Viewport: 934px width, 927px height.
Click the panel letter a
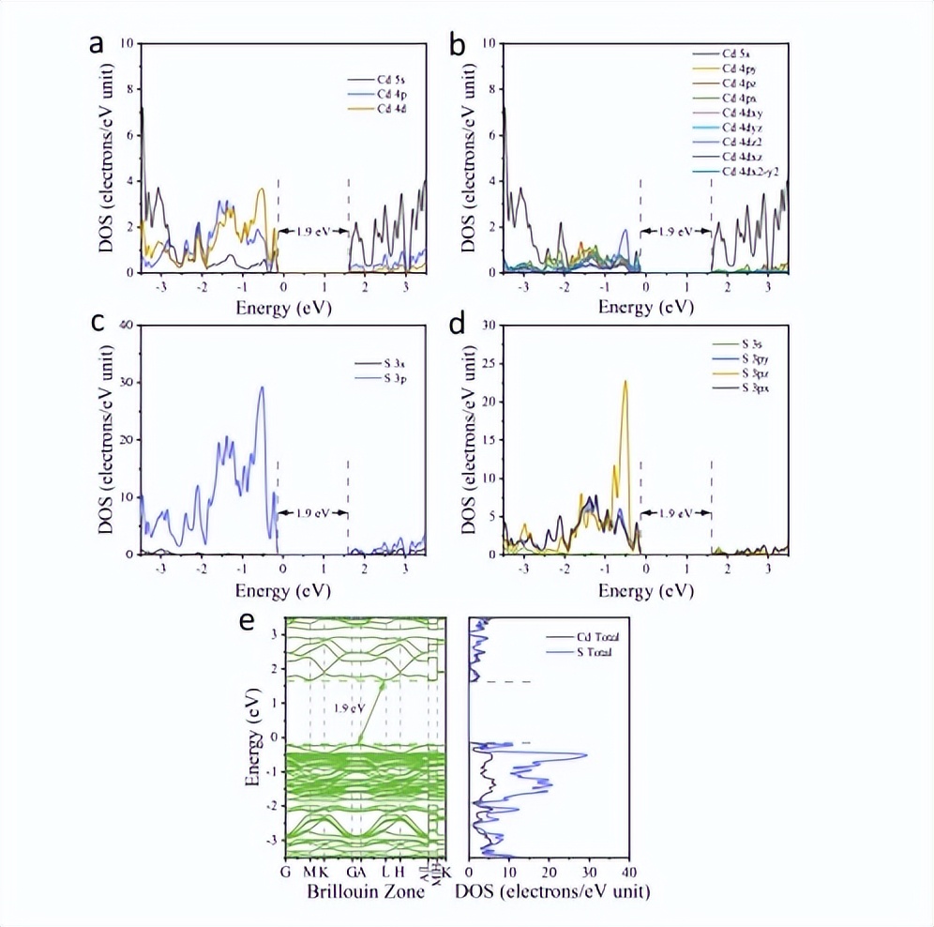coord(96,45)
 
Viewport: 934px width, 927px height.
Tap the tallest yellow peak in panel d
coord(625,382)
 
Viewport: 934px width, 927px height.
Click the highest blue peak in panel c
coord(263,388)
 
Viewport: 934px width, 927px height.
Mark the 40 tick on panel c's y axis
coord(129,325)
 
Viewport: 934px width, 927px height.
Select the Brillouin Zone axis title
coord(366,890)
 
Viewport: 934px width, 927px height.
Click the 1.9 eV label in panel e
coord(350,708)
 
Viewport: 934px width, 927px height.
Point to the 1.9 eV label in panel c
coord(313,513)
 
